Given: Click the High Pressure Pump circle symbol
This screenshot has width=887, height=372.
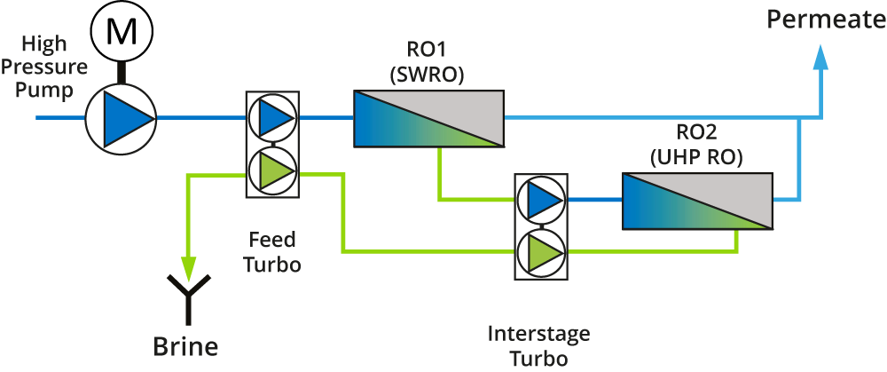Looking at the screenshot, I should click(x=121, y=117).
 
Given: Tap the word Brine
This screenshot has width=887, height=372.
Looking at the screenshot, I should click(x=185, y=344).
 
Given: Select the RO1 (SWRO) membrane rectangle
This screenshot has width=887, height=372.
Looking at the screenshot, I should click(x=428, y=118).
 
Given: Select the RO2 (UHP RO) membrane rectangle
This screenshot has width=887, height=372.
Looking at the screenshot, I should click(x=696, y=202).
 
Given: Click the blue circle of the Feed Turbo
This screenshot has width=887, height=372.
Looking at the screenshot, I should click(x=272, y=118).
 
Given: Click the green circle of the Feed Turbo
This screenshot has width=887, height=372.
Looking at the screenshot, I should click(x=272, y=170).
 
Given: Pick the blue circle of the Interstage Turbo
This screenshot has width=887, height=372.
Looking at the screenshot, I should click(x=540, y=200).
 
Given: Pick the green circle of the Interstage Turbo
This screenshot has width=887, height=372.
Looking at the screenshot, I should click(x=540, y=251).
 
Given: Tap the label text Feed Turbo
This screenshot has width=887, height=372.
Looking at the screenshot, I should click(x=273, y=252).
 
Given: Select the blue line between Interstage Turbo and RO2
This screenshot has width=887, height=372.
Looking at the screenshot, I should click(x=593, y=201).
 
